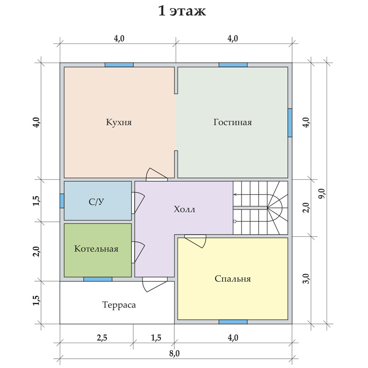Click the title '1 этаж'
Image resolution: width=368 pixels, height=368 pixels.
pyautogui.click(x=182, y=11)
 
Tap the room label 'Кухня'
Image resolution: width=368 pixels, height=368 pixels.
pyautogui.click(x=119, y=122)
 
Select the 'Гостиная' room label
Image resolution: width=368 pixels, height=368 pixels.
pyautogui.click(x=233, y=122)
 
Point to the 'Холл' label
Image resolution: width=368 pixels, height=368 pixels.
pyautogui.click(x=184, y=209)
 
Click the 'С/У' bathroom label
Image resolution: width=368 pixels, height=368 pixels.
pyautogui.click(x=96, y=201)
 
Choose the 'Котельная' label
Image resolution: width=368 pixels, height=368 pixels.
pyautogui.click(x=96, y=248)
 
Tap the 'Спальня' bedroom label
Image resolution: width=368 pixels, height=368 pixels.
pyautogui.click(x=233, y=279)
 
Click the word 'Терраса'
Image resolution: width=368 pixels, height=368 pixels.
pyautogui.click(x=119, y=305)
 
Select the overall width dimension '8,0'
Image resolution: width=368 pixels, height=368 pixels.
pyautogui.click(x=174, y=353)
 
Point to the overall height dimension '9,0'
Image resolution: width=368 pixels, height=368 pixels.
pyautogui.click(x=322, y=194)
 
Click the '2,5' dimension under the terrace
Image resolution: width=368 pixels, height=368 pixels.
pyautogui.click(x=102, y=338)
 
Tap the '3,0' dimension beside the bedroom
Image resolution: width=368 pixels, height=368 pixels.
pyautogui.click(x=306, y=279)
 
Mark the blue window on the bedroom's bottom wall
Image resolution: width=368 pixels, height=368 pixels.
pyautogui.click(x=233, y=322)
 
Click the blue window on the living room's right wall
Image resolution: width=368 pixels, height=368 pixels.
pyautogui.click(x=290, y=122)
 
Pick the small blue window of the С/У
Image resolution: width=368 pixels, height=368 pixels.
pyautogui.click(x=62, y=201)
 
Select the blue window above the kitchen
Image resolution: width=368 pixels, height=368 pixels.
pyautogui.click(x=119, y=65)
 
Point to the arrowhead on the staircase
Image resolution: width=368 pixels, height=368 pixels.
pyautogui.click(x=235, y=194)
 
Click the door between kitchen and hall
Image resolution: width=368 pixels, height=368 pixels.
pyautogui.click(x=156, y=175)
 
